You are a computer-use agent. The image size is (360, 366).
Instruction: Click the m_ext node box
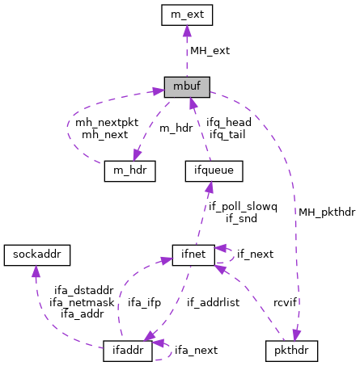[186, 15]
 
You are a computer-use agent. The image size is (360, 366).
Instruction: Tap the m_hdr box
[129, 171]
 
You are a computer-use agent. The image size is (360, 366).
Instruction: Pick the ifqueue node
[209, 171]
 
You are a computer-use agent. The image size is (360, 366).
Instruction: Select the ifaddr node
[129, 351]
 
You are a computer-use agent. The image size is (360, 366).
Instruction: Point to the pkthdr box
[291, 351]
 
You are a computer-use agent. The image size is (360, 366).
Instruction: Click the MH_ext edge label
[210, 50]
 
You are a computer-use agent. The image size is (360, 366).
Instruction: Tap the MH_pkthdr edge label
[326, 212]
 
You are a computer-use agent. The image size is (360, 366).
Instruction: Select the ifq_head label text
[228, 122]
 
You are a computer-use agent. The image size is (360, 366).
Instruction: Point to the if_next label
[255, 254]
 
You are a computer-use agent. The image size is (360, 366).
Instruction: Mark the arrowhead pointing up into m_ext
[186, 31]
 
